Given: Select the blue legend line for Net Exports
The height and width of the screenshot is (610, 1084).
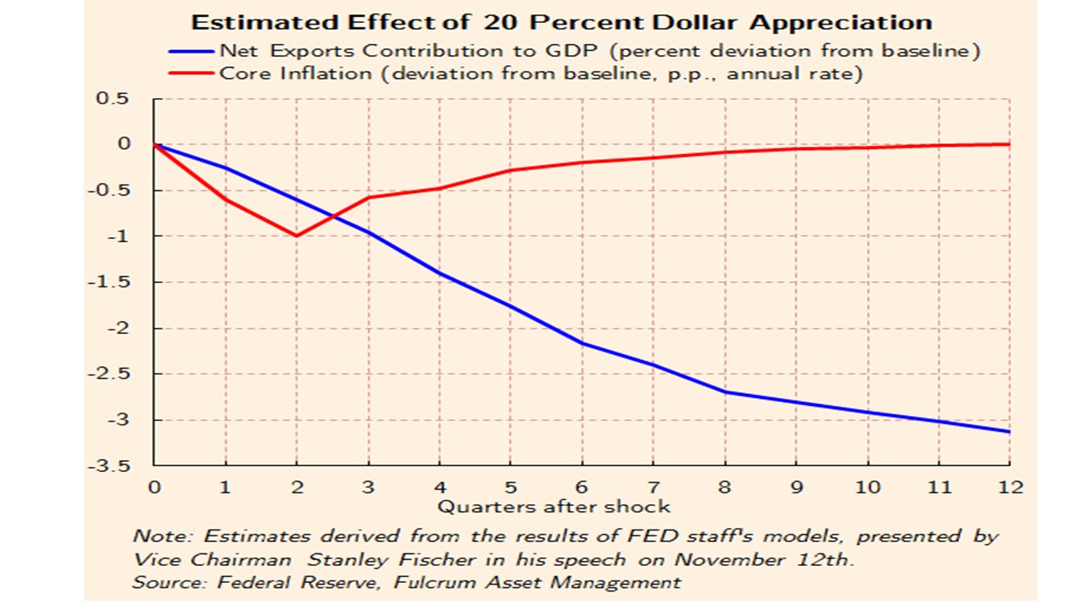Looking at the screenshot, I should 193,51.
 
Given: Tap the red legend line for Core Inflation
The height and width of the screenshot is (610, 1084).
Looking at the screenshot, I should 193,73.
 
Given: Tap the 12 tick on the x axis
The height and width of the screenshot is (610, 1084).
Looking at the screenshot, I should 1010,487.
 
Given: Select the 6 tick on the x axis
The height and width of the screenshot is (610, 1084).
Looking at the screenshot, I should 582,487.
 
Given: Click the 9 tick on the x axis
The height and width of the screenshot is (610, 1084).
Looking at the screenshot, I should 796,487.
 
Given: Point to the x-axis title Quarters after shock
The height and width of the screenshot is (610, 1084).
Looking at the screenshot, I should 553,507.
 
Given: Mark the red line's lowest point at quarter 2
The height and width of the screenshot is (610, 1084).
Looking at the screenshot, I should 296,236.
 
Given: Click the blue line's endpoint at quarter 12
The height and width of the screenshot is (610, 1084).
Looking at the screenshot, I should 1010,432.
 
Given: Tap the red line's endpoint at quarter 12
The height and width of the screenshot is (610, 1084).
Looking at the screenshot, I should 1010,144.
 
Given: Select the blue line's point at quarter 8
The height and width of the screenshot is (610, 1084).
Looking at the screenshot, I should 725,392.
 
